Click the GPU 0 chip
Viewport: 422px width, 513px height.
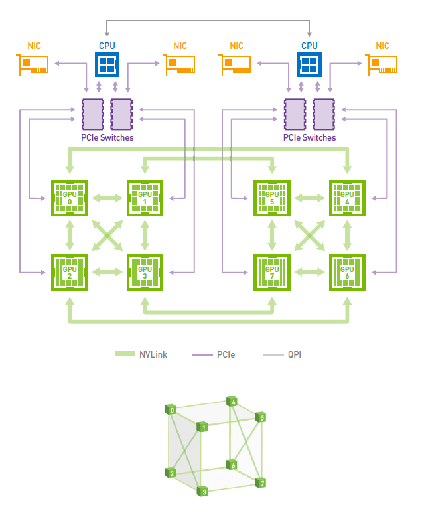coord(70,198)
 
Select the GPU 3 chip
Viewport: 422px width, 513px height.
coord(145,271)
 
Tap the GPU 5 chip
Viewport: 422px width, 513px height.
coord(272,198)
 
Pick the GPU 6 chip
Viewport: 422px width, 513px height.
coord(347,271)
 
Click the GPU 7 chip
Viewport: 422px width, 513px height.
coord(272,271)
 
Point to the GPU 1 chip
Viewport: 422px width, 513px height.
coord(145,198)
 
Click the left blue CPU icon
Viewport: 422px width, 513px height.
coord(107,65)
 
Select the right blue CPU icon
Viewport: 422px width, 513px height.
coord(309,65)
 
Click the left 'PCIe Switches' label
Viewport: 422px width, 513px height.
coord(107,138)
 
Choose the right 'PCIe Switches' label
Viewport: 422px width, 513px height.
coord(309,138)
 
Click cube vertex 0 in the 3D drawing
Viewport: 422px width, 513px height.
coord(172,411)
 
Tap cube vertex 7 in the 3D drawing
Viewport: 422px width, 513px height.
coord(263,482)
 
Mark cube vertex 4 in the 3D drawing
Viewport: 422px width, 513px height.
coord(233,401)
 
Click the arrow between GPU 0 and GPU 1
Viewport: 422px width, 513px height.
coord(107,198)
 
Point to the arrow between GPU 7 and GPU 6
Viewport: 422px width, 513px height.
coord(309,271)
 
